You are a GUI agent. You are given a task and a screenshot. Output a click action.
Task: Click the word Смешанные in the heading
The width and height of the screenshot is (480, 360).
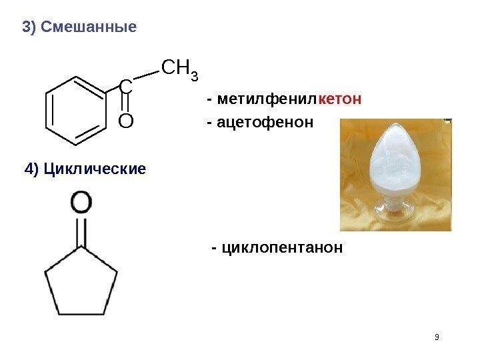(x=89, y=27)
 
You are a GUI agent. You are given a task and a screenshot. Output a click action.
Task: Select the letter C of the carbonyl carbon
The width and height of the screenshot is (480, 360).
(x=125, y=86)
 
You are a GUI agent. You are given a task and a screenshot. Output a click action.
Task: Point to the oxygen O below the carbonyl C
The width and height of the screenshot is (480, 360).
(x=125, y=121)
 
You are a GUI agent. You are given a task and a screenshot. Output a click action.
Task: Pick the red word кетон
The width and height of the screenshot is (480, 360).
(x=340, y=100)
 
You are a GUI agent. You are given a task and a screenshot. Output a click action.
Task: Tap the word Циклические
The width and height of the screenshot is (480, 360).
(x=93, y=169)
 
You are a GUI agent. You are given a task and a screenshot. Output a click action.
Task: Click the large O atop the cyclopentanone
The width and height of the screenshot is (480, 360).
(x=82, y=203)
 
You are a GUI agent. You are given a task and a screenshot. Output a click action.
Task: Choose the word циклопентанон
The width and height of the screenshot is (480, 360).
(x=281, y=248)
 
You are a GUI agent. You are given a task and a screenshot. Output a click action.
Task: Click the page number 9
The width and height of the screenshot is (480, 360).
(x=437, y=337)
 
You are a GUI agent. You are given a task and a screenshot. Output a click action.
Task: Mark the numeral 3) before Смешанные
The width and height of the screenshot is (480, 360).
(x=29, y=27)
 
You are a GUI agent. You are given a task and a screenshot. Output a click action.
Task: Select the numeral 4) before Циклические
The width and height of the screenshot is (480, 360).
(x=31, y=169)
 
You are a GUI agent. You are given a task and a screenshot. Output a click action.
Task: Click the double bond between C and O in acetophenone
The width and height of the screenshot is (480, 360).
(x=125, y=104)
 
